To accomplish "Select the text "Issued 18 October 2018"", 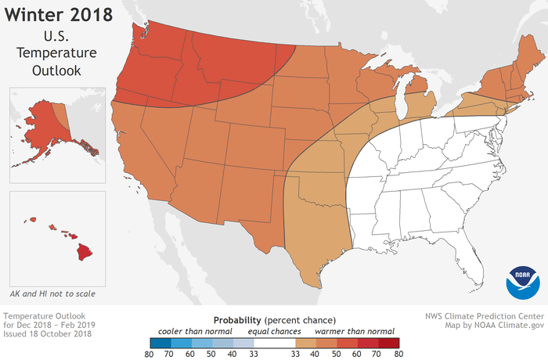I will (47, 334).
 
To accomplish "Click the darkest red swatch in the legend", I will (388, 342).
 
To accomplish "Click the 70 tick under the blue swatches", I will (167, 354).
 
